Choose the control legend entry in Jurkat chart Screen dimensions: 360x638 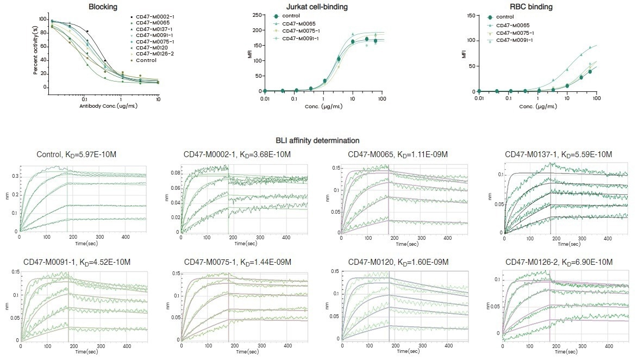(x=291, y=16)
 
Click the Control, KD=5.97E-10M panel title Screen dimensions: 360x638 (x=76, y=155)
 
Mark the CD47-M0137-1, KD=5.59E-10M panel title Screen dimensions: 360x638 (x=558, y=155)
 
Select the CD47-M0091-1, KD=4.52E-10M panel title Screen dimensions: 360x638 (x=76, y=262)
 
